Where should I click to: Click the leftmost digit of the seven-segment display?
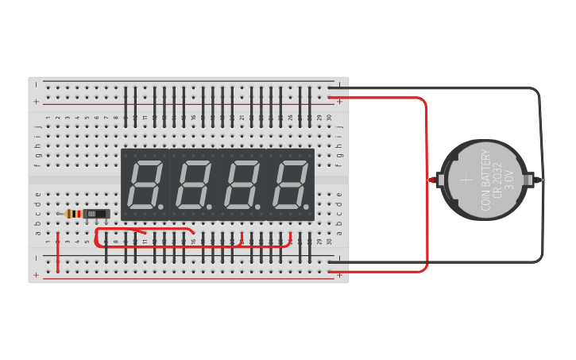click(x=145, y=184)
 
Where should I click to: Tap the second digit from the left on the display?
click(x=194, y=184)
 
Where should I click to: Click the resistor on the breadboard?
click(x=73, y=214)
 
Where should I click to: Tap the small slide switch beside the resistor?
click(x=96, y=214)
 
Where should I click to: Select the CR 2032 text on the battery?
click(x=497, y=180)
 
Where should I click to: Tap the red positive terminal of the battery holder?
click(x=435, y=180)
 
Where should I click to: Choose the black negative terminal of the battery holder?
click(x=539, y=180)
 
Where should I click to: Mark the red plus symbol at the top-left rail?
click(x=36, y=102)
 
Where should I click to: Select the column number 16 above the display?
click(x=193, y=118)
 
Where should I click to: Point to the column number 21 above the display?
click(x=242, y=118)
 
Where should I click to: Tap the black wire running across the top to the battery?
click(x=445, y=88)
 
